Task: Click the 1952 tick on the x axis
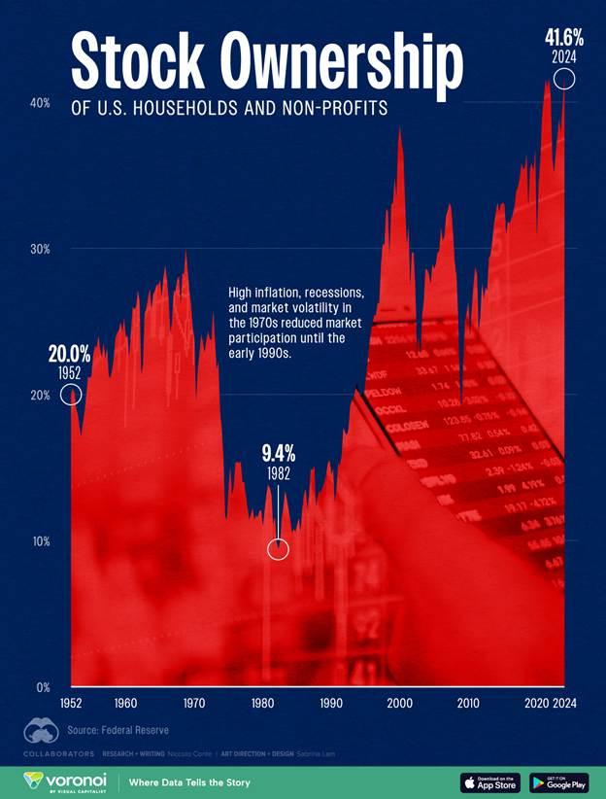[x=71, y=703]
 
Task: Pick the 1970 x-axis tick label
[x=193, y=703]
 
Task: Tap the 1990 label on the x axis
[x=330, y=703]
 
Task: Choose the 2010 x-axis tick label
[x=468, y=703]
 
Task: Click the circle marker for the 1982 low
[x=278, y=549]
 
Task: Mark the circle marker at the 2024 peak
[x=563, y=80]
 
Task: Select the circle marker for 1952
[x=70, y=394]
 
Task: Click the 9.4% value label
[x=278, y=452]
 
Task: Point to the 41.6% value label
[x=563, y=39]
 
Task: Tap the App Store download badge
[x=490, y=782]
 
